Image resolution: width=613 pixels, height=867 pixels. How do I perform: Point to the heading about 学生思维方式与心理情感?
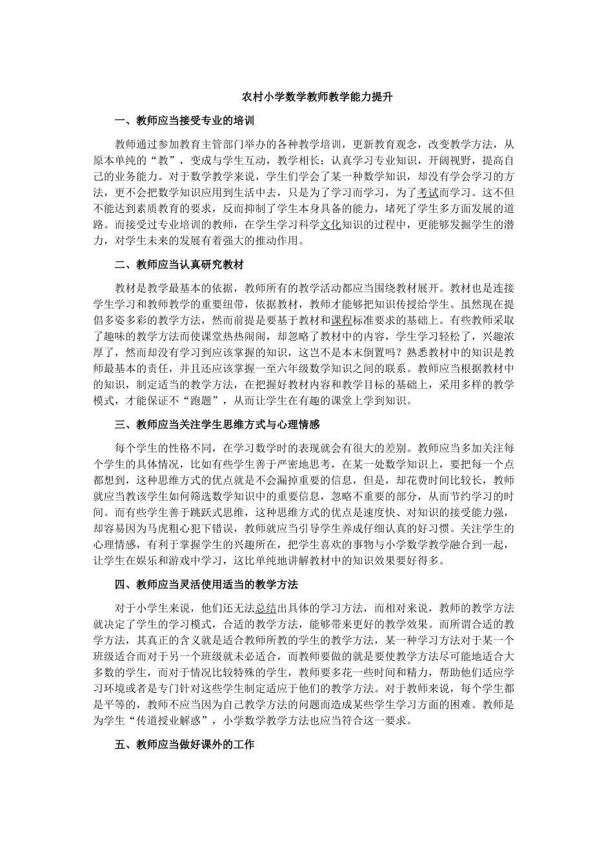[217, 424]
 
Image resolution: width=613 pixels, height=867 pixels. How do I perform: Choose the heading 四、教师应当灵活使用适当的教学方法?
[206, 584]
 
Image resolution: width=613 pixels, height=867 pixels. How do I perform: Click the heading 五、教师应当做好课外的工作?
[184, 744]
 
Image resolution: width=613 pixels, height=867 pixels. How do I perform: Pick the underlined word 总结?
[266, 608]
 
